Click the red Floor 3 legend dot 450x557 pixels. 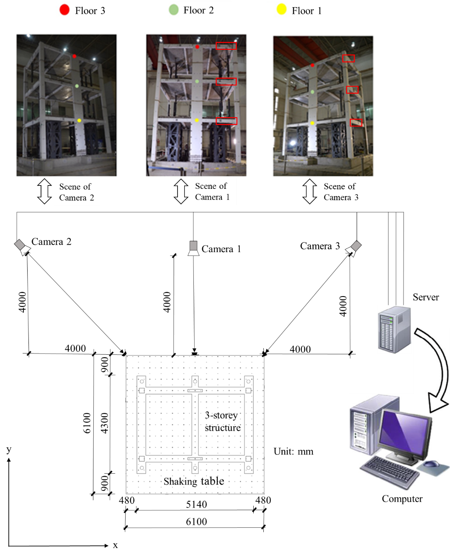point(64,10)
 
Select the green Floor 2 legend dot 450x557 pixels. point(173,10)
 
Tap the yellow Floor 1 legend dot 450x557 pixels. point(282,9)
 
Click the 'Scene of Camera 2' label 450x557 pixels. point(77,192)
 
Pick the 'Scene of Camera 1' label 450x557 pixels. point(213,191)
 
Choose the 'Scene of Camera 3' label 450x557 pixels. point(341,192)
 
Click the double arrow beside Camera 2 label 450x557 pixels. point(44,191)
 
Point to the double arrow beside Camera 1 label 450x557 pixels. point(181,191)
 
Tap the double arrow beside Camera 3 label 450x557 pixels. point(310,191)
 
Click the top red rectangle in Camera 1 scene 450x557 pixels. point(226,46)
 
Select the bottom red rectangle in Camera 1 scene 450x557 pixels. point(226,121)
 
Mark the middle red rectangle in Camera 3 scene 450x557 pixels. point(352,90)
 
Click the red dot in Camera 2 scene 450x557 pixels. point(75,56)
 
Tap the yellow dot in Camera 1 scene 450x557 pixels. point(197,121)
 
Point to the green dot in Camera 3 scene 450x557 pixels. point(312,92)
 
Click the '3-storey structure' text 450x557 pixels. point(222,421)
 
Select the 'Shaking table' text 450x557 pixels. point(194,482)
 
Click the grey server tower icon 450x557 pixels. point(394,329)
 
